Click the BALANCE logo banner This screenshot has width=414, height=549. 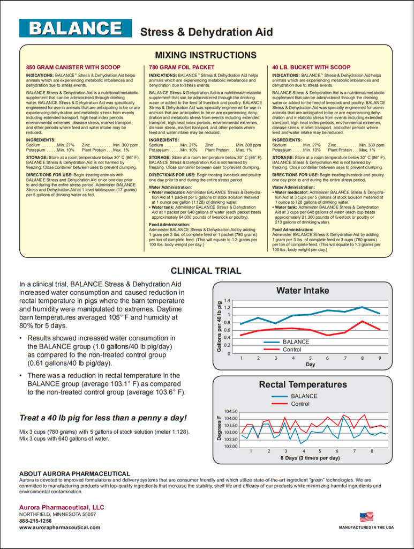point(76,28)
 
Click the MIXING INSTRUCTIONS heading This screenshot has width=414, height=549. point(206,55)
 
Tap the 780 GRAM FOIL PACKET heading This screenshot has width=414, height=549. point(174,68)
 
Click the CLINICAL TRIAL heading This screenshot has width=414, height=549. point(206,271)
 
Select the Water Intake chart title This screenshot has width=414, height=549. point(303,291)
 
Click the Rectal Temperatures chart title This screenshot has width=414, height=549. point(303,384)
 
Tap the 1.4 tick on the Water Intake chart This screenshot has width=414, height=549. point(227,301)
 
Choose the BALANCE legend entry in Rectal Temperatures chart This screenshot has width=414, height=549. point(304,396)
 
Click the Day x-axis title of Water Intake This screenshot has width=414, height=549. point(310,365)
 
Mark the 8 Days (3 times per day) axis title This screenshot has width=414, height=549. point(310,458)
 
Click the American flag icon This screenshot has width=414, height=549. point(366,517)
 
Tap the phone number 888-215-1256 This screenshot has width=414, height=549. point(35,521)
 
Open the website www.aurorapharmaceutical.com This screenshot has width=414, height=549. point(59,528)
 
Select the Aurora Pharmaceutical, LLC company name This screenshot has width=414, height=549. point(62,507)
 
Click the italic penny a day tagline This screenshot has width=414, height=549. point(103,418)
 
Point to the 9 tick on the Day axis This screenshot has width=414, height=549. point(380,358)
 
